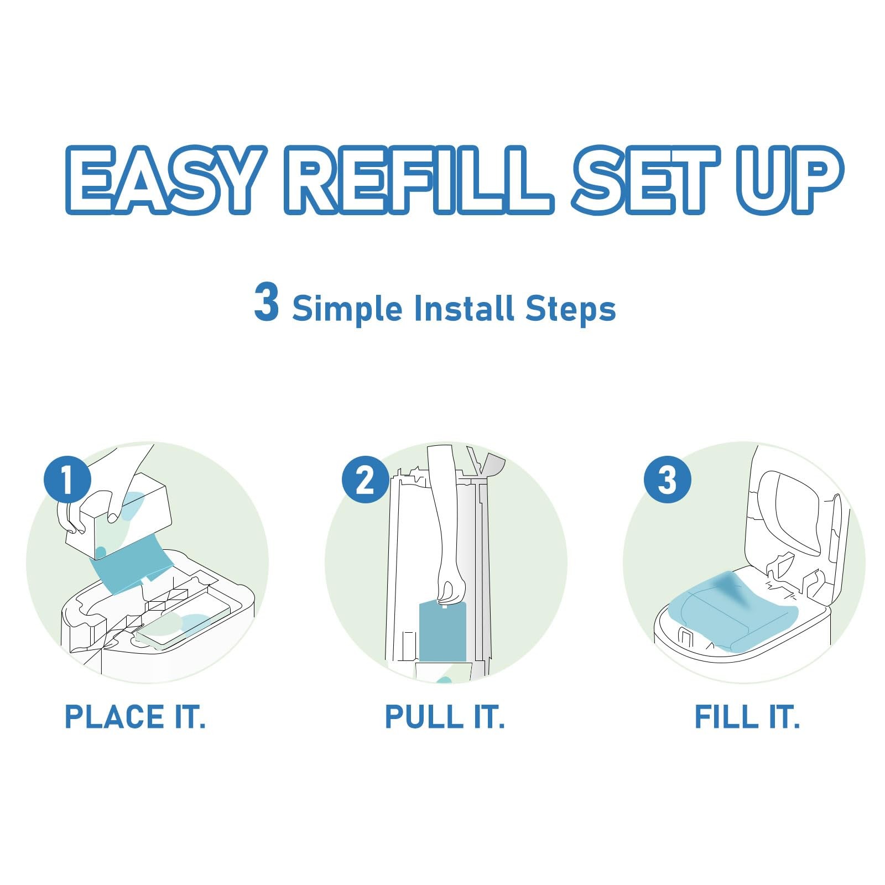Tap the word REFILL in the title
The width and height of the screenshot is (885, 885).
point(419,180)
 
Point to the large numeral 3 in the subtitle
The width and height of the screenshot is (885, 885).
point(266,301)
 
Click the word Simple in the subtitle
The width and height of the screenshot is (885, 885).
point(347,309)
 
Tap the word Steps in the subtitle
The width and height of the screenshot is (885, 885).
point(571,309)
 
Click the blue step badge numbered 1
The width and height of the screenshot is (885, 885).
point(67,479)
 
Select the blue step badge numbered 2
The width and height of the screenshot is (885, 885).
point(365,479)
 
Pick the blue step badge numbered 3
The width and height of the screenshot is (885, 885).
point(668,479)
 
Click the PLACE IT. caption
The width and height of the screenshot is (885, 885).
point(135,717)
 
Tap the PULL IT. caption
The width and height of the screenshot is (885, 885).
point(445,717)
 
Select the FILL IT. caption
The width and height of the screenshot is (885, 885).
point(747,717)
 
